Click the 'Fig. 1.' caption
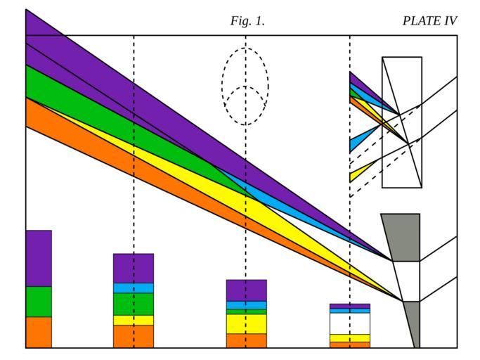tap(247, 21)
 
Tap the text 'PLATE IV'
tap(429, 21)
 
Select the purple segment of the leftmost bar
tap(39, 258)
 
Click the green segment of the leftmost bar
tap(39, 302)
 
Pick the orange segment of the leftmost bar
tap(39, 332)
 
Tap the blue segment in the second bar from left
tap(133, 288)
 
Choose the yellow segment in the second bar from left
tap(133, 320)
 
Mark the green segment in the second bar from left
tap(133, 304)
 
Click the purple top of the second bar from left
tap(133, 268)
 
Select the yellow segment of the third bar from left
tap(246, 323)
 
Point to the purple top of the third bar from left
tap(246, 290)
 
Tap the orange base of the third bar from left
tap(246, 340)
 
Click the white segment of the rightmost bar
tap(349, 323)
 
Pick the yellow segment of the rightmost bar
tap(349, 338)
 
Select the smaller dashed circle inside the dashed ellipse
tap(245, 105)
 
